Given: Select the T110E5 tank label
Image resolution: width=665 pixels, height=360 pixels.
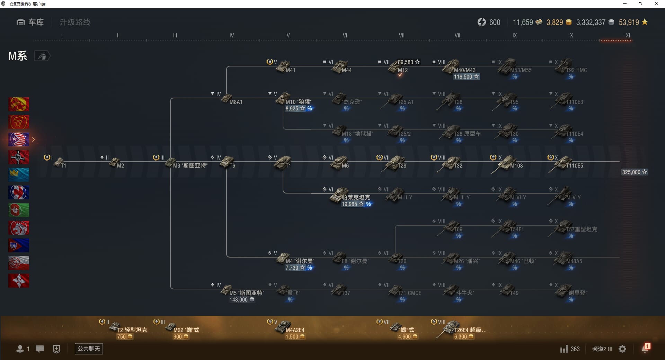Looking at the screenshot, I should click(575, 166).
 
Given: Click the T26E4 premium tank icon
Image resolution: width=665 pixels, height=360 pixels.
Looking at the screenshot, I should click(450, 327).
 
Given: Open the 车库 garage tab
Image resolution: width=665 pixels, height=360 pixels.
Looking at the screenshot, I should click(30, 22).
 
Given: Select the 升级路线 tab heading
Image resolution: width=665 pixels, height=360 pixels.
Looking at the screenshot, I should click(75, 22).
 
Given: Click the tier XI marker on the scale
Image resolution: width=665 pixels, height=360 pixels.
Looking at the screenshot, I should click(628, 36).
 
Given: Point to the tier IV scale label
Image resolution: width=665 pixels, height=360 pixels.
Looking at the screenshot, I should click(232, 36).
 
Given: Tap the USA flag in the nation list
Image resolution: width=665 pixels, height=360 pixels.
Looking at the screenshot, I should click(19, 139).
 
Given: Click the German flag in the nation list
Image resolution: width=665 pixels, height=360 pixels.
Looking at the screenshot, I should click(19, 157).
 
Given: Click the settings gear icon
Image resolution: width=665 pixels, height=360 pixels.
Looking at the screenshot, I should click(622, 349).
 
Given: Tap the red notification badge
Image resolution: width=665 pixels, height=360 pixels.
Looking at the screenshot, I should click(647, 346).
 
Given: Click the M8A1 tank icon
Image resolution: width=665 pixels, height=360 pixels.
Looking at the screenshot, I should click(226, 98).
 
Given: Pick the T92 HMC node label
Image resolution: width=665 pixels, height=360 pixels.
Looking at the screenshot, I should click(576, 70).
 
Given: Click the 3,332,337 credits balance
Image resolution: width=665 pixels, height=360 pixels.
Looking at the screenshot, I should click(591, 22).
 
